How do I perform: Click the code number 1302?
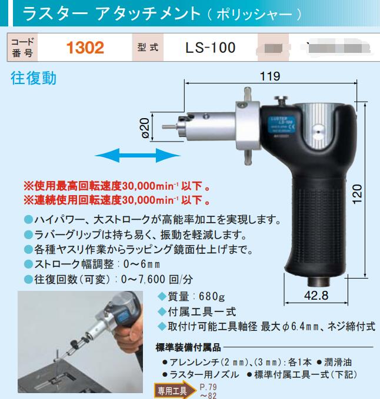click(86, 48)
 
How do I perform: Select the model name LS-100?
click(202, 48)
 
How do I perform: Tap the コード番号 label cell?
click(23, 48)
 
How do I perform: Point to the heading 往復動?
click(34, 78)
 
